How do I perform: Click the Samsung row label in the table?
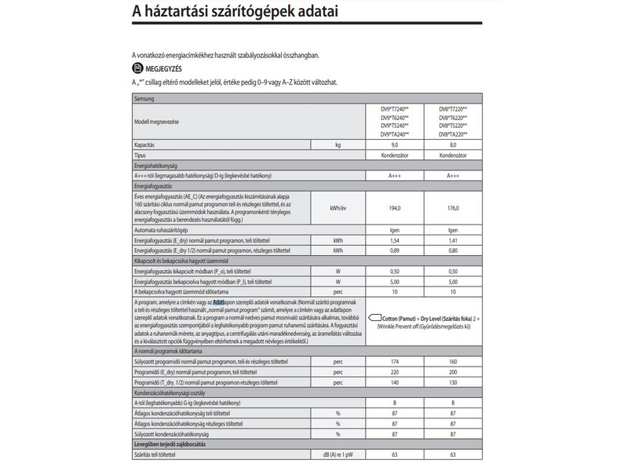(147, 99)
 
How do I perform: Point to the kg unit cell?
(338, 145)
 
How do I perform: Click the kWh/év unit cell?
(338, 208)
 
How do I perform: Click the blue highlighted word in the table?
(219, 301)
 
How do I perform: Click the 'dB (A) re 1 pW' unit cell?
(338, 455)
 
